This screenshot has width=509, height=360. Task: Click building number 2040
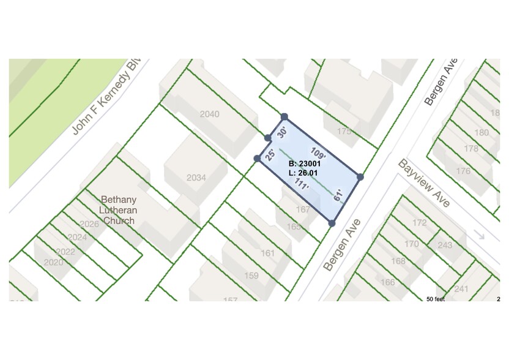tap(209, 114)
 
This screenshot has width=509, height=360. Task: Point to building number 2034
tap(196, 178)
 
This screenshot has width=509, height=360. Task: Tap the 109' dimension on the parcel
tap(318, 153)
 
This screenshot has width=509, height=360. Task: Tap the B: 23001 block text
tap(304, 164)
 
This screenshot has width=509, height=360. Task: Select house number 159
tap(251, 276)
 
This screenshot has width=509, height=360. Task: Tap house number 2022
tap(65, 252)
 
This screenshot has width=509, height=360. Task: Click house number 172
tap(419, 223)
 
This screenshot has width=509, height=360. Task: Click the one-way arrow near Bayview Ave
tap(480, 235)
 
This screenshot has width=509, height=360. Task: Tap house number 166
tap(388, 282)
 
